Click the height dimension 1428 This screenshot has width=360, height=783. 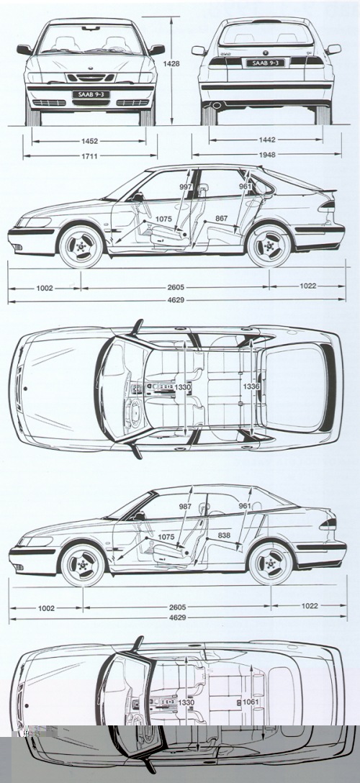click(171, 64)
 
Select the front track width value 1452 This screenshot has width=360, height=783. click(89, 141)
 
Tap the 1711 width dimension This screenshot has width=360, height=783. click(89, 156)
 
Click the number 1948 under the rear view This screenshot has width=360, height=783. click(267, 155)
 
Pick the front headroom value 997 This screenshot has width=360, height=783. click(185, 187)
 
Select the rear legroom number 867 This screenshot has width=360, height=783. click(222, 219)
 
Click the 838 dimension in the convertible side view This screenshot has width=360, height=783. click(224, 535)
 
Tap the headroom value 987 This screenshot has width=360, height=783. click(185, 507)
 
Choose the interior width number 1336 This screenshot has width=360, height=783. click(251, 386)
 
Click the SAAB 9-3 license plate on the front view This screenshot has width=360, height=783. click(91, 94)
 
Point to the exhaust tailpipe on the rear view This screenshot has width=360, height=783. click(217, 105)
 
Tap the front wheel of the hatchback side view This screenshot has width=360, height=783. click(81, 246)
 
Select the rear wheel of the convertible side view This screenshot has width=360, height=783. click(271, 564)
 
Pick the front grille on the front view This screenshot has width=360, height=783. click(91, 78)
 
